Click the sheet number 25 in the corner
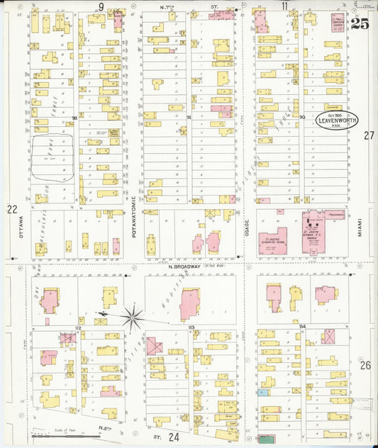[359, 23]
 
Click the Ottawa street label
[21, 228]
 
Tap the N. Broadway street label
[187, 267]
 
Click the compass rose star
[132, 316]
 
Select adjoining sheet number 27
[368, 135]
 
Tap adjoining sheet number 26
[365, 365]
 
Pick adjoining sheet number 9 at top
[101, 6]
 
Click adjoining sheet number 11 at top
[284, 6]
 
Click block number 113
[191, 327]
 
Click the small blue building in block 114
[264, 391]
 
